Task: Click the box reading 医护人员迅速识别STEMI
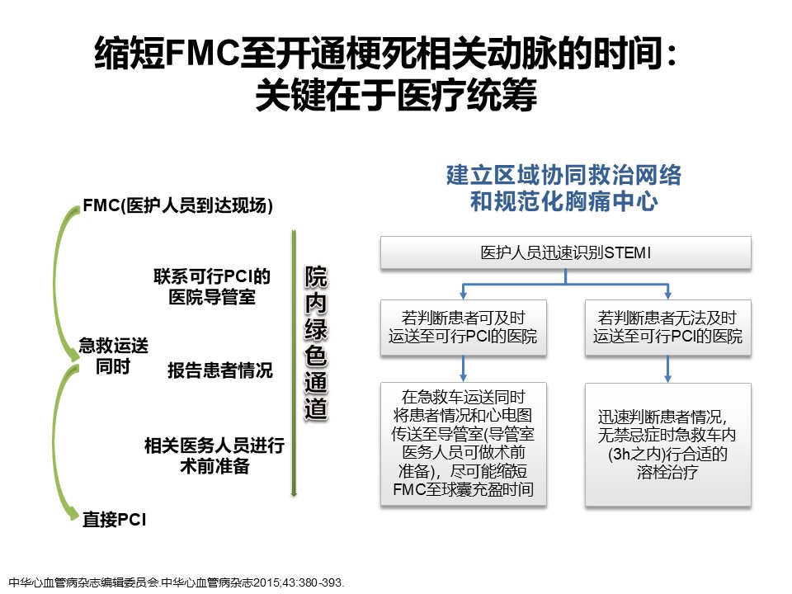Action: tap(565, 252)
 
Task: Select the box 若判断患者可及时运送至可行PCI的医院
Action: tap(463, 328)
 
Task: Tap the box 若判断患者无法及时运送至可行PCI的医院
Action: tap(668, 328)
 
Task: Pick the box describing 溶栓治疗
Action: tap(668, 444)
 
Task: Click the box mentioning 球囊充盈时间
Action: tap(463, 444)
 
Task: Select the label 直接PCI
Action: tap(115, 520)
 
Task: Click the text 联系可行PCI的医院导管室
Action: tap(212, 285)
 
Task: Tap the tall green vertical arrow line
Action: tap(293, 363)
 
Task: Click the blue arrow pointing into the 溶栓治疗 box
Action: tap(668, 369)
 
